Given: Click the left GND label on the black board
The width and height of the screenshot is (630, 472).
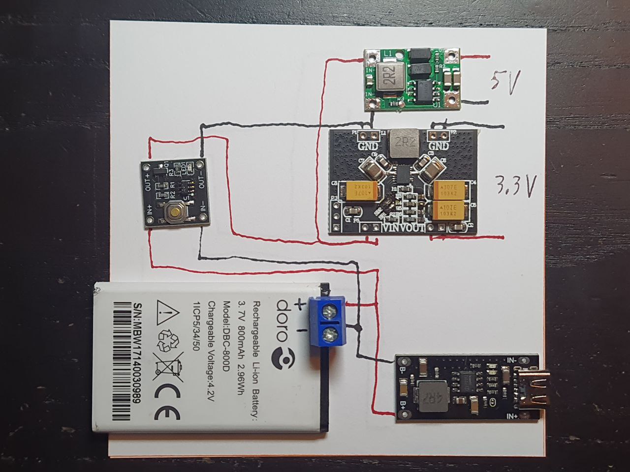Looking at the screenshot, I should tap(368, 146).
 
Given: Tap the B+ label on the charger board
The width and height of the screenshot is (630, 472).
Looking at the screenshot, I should tap(403, 406).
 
